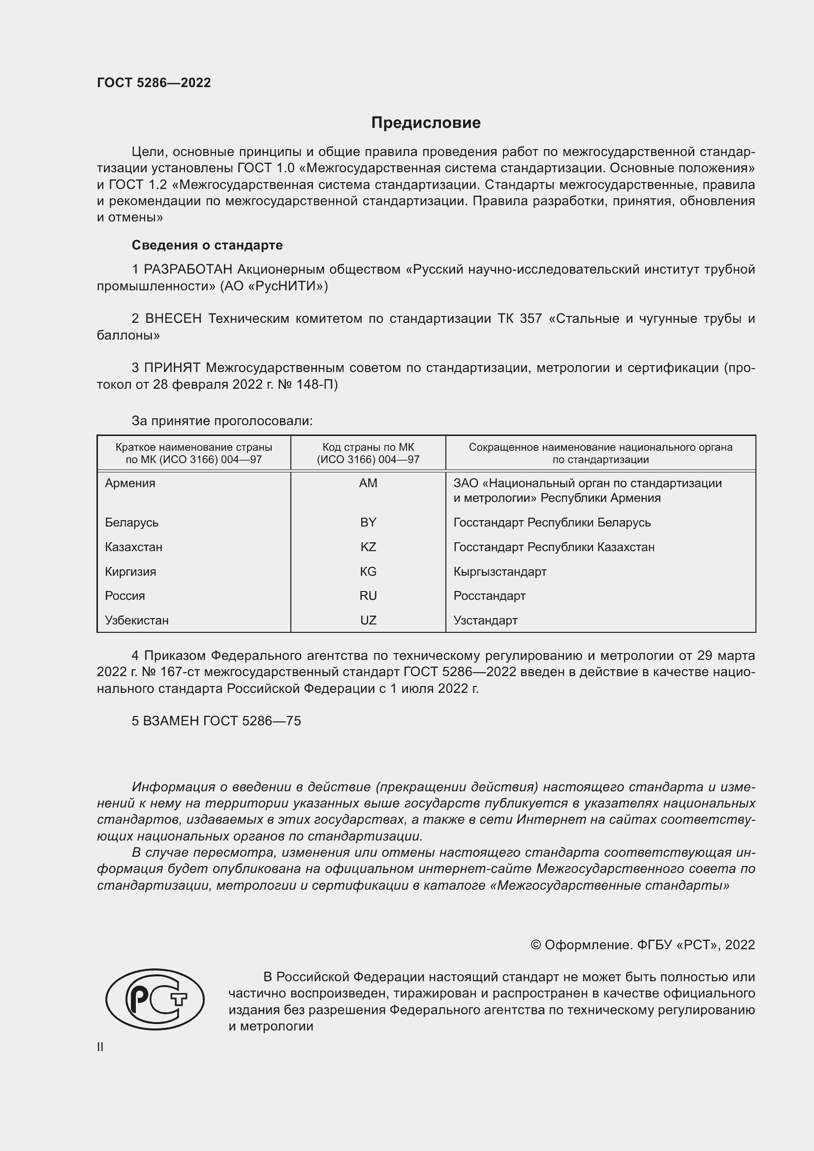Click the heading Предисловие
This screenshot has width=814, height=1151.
tap(426, 123)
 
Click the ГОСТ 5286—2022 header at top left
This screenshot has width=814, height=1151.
tap(154, 83)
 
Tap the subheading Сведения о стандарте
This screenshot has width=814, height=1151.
tap(207, 245)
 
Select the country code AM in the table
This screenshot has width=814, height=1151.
tap(368, 483)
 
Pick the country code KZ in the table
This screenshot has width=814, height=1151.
tap(368, 547)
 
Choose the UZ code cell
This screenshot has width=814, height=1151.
tap(368, 621)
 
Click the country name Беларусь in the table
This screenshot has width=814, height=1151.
tap(132, 523)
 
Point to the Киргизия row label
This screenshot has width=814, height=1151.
tap(130, 571)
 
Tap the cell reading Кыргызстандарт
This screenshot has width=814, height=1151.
tap(500, 571)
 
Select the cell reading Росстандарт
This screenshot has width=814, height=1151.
tap(489, 596)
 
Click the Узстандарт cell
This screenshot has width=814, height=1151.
tap(485, 621)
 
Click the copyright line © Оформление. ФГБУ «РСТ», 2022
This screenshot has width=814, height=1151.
tap(643, 945)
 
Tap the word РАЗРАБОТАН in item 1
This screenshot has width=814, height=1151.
tap(188, 270)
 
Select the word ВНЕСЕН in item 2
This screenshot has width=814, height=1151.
tap(173, 319)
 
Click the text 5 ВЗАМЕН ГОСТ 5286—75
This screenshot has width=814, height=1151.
tap(216, 721)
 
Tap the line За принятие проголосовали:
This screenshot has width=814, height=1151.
tap(222, 421)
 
